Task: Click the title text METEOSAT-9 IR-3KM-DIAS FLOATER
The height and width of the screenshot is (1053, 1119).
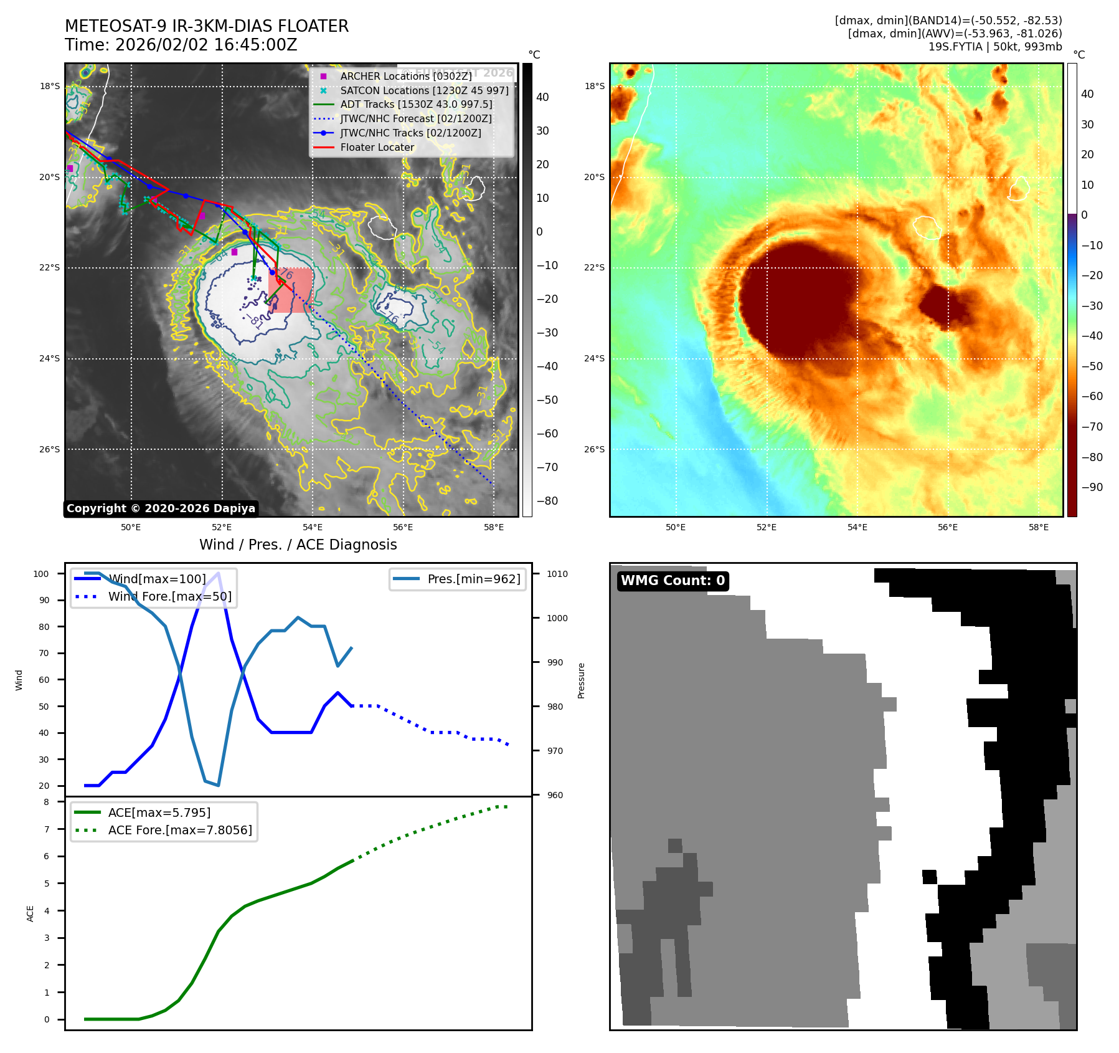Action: pyautogui.click(x=207, y=26)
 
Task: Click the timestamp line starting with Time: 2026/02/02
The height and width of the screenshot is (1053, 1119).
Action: pyautogui.click(x=181, y=45)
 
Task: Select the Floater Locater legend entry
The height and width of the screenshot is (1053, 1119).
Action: pyautogui.click(x=377, y=147)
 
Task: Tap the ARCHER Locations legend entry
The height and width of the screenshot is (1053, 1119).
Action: pyautogui.click(x=406, y=76)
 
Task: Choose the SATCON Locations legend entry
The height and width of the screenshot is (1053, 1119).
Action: pyautogui.click(x=424, y=90)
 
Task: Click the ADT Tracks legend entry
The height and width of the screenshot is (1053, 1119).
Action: pyautogui.click(x=416, y=105)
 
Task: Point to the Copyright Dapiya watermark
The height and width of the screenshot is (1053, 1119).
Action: pyautogui.click(x=161, y=508)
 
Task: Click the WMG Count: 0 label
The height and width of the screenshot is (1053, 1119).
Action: pyautogui.click(x=673, y=581)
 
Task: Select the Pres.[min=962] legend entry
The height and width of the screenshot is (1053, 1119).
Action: pyautogui.click(x=474, y=579)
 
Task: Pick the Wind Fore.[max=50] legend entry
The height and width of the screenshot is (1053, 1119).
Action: pyautogui.click(x=169, y=596)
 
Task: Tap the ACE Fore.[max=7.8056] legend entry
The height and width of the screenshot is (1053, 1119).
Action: pyautogui.click(x=180, y=830)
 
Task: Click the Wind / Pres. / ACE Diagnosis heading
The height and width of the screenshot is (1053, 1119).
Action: pyautogui.click(x=298, y=545)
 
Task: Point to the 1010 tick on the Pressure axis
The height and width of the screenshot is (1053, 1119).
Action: pyautogui.click(x=557, y=574)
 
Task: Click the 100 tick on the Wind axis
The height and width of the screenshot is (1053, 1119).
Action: pyautogui.click(x=41, y=574)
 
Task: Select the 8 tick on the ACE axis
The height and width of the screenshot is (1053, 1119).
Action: pyautogui.click(x=46, y=802)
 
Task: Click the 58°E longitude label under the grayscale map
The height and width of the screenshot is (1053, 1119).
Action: pyautogui.click(x=493, y=527)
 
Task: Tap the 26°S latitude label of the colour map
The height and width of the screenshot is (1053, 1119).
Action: pyautogui.click(x=593, y=449)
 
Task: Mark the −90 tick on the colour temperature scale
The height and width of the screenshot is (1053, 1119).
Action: pyautogui.click(x=1092, y=487)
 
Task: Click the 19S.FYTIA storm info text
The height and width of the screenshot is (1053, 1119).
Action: pyautogui.click(x=994, y=47)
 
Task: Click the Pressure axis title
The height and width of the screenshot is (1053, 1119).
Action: pyautogui.click(x=581, y=680)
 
